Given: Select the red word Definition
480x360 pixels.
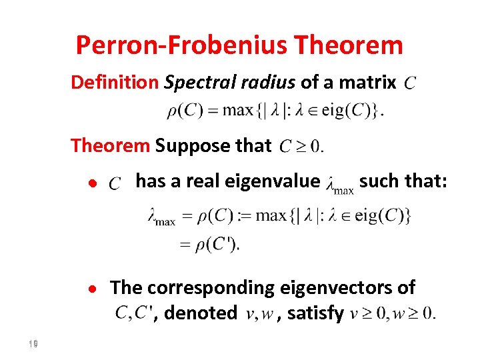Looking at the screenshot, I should [x=114, y=83].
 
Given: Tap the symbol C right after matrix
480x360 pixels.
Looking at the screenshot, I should [x=411, y=84].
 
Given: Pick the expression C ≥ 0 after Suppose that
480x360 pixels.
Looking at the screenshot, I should [x=301, y=145].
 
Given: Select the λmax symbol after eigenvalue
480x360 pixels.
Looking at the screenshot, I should [x=339, y=184].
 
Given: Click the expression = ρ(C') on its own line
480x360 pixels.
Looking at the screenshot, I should [x=209, y=245].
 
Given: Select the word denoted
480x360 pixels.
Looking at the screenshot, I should [x=200, y=312].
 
